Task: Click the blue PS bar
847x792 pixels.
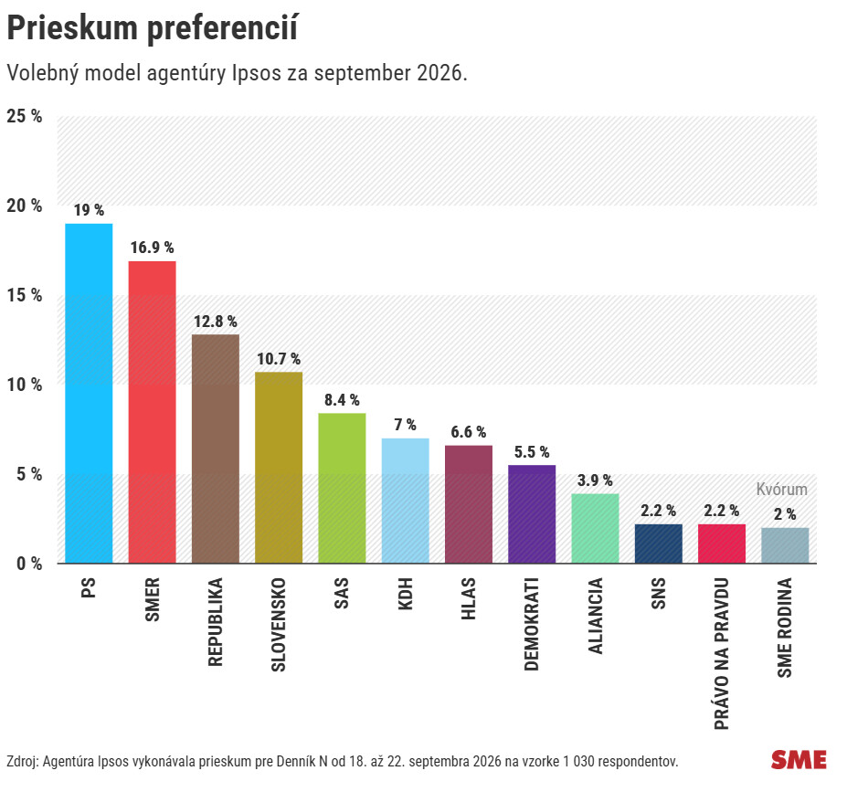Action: point(89,394)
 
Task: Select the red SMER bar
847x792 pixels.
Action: point(152,413)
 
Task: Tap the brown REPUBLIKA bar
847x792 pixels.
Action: point(216,449)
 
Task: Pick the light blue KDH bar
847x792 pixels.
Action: point(405,501)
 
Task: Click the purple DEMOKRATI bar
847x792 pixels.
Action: point(532,514)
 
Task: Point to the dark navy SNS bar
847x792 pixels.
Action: point(659,544)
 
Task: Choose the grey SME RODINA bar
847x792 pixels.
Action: point(785,546)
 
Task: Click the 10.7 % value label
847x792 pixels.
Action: point(279,359)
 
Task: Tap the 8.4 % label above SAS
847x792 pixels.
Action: point(342,400)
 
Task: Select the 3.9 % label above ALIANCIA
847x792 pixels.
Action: point(595,480)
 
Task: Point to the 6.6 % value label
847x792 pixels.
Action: point(469,432)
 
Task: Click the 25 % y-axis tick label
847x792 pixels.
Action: point(25,116)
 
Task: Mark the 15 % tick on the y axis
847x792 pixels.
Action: point(25,295)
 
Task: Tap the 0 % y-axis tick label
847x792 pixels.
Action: point(29,564)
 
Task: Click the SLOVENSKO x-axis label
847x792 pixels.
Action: point(278,625)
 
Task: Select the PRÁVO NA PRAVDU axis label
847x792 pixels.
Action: point(722,654)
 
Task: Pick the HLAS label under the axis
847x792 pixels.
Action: point(469,598)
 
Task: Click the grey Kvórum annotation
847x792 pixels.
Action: point(781,490)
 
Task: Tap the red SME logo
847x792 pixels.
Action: point(799,760)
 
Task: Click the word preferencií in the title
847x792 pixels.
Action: point(222,28)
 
